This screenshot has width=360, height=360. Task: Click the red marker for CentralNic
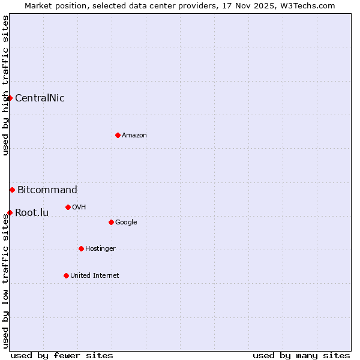click(x=10, y=98)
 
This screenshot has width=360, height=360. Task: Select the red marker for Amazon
click(x=118, y=135)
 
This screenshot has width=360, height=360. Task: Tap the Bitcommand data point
click(x=12, y=190)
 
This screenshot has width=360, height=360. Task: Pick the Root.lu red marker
click(x=10, y=212)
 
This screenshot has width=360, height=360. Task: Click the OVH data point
click(x=68, y=207)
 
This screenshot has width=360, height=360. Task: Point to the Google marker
click(x=111, y=222)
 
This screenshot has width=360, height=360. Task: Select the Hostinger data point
click(x=81, y=248)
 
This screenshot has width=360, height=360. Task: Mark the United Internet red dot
click(x=66, y=275)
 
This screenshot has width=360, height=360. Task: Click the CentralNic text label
click(x=40, y=98)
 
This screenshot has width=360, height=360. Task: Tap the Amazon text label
click(x=134, y=136)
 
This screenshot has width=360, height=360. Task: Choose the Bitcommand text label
click(x=47, y=190)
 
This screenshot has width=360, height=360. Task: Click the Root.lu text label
click(x=32, y=213)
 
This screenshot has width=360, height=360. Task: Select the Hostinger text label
click(x=100, y=249)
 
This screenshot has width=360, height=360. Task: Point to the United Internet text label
click(x=94, y=276)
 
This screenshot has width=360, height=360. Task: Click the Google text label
click(x=126, y=223)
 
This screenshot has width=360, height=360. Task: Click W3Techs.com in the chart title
click(x=307, y=5)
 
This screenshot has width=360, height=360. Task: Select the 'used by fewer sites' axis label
click(x=62, y=355)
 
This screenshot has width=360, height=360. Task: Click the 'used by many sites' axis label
click(x=301, y=355)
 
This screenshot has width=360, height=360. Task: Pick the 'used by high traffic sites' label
click(x=5, y=85)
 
